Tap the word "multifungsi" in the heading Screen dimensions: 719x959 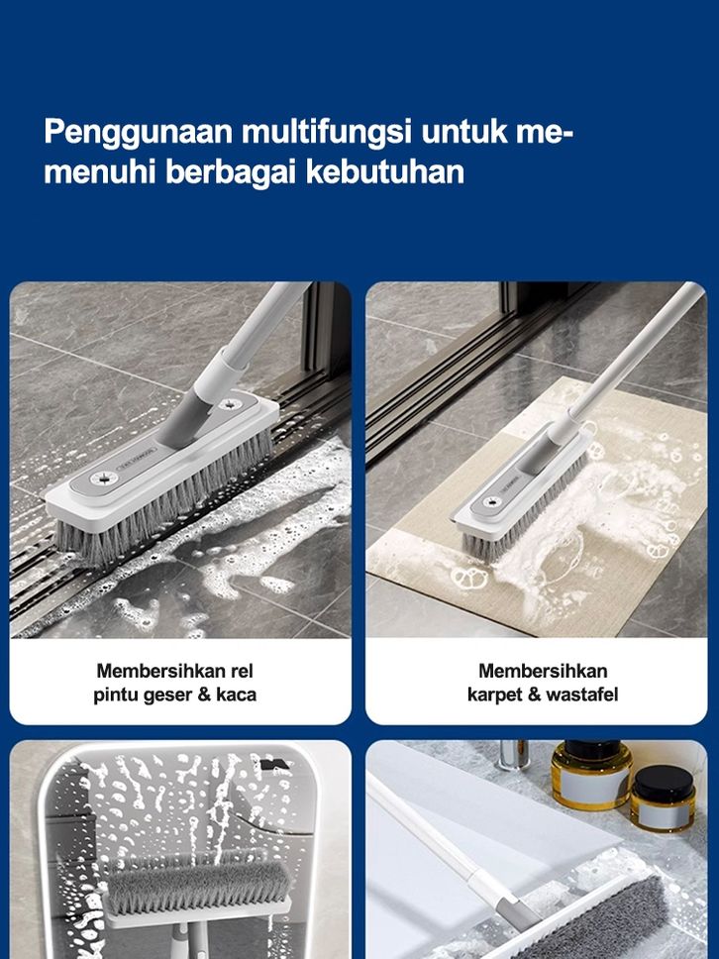click(x=327, y=131)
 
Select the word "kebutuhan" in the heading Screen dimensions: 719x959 click(x=384, y=170)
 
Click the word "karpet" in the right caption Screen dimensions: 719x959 click(x=495, y=695)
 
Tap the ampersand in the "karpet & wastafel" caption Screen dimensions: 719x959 click(x=535, y=694)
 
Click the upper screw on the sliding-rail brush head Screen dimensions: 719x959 click(x=230, y=403)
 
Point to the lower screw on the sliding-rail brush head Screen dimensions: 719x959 click(x=103, y=478)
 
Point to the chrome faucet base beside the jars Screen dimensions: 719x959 click(x=514, y=754)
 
